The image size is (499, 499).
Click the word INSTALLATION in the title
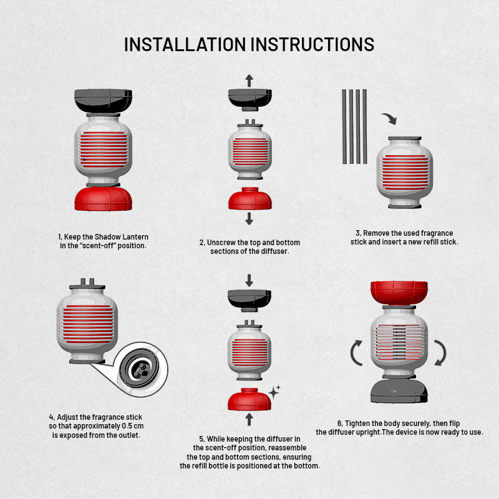[185, 44]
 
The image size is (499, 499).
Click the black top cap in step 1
[104, 101]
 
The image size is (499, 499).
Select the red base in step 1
[104, 199]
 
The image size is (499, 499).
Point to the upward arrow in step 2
[249, 80]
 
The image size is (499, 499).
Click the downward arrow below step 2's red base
[249, 219]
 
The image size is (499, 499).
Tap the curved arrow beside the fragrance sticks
[389, 118]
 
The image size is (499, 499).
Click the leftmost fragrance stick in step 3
[344, 127]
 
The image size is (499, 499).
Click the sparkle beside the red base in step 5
[274, 392]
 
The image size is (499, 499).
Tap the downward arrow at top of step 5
[249, 280]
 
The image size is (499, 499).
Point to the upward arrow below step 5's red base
[249, 419]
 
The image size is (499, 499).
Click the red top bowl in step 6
[399, 293]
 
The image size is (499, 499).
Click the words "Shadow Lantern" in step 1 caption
[122, 237]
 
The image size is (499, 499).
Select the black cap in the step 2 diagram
[250, 99]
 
